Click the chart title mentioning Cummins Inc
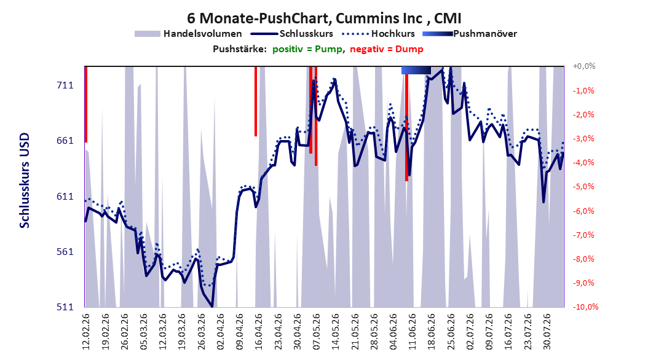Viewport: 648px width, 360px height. click(324, 18)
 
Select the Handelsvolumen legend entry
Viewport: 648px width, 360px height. click(189, 34)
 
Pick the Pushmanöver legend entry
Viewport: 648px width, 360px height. click(470, 34)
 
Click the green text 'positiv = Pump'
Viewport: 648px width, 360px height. click(307, 49)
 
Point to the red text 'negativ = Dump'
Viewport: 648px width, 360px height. click(387, 49)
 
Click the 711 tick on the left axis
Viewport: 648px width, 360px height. click(65, 85)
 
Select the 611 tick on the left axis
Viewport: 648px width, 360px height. click(65, 197)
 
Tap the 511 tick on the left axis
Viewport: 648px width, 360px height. click(65, 307)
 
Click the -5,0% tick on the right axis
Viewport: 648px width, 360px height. click(583, 187)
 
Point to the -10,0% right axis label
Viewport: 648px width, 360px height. click(585, 307)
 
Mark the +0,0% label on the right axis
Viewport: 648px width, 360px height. click(584, 66)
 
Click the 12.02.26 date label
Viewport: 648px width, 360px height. click(86, 332)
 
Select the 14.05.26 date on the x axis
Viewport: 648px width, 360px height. click(336, 332)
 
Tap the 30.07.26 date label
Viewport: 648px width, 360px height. click(547, 332)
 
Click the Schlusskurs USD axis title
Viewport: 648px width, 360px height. click(25, 181)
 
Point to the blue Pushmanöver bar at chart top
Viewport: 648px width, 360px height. click(416, 71)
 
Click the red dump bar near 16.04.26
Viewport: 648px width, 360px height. click(256, 101)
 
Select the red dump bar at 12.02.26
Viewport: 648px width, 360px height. click(85, 104)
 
